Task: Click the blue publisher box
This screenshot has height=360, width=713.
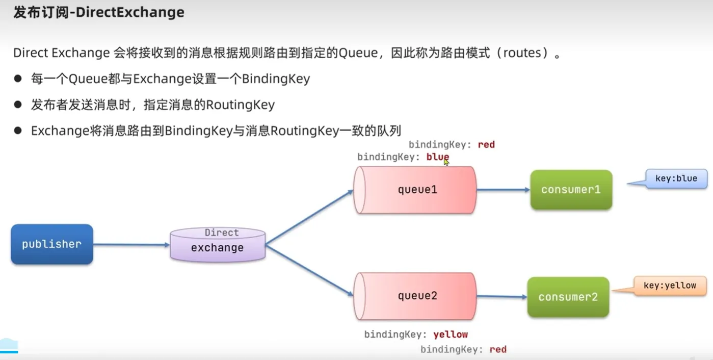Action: tap(51, 244)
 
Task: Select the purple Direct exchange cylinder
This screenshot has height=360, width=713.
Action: tap(218, 245)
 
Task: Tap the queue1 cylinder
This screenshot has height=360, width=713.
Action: tap(416, 190)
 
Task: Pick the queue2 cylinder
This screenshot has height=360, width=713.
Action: tap(416, 296)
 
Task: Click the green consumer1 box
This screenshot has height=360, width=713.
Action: tap(571, 190)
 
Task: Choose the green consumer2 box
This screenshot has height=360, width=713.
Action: tap(568, 297)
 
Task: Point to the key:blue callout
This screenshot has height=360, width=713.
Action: tap(676, 179)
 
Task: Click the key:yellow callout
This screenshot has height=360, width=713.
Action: tap(670, 286)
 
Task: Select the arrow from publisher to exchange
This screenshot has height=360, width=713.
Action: tap(131, 245)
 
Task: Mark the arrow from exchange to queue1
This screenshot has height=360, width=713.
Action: tap(309, 217)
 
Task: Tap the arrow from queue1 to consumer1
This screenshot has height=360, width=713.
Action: tap(503, 190)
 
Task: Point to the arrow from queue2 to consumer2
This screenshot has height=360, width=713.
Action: tap(501, 297)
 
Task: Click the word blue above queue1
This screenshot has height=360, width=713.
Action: tap(438, 157)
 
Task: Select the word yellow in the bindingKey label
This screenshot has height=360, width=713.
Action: tap(451, 335)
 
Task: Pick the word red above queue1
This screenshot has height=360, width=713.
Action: tap(486, 145)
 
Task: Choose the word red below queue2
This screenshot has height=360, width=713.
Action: tap(497, 349)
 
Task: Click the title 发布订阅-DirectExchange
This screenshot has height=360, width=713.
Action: tap(98, 13)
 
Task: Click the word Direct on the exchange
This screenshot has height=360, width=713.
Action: tap(222, 233)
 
